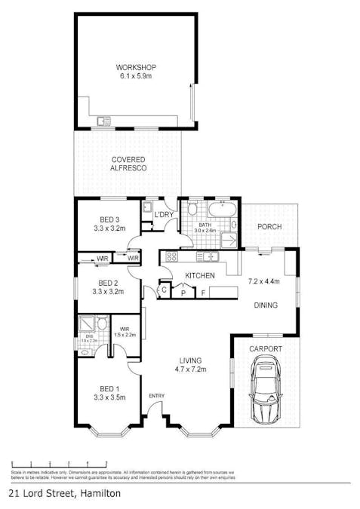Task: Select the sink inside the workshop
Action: click(103, 121)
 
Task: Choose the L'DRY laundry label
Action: click(165, 216)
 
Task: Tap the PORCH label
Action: click(269, 226)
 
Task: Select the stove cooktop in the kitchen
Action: click(168, 257)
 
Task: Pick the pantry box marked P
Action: click(183, 291)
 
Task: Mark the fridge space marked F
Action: click(202, 291)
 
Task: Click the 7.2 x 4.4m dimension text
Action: click(264, 282)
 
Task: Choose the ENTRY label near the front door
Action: click(157, 396)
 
